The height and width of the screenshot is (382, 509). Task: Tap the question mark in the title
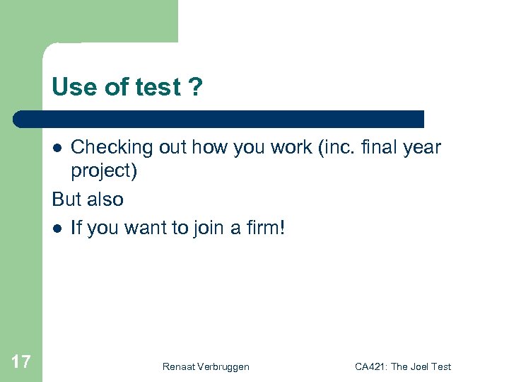coord(195,88)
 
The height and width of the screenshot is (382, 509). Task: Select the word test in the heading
coord(158,88)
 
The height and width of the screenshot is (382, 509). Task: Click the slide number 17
coord(21,362)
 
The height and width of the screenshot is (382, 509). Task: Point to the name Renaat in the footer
coord(180,366)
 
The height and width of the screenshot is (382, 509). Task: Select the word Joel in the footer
coord(419,366)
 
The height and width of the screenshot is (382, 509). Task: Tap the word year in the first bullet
coord(421,148)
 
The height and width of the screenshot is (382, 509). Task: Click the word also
coord(105,199)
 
